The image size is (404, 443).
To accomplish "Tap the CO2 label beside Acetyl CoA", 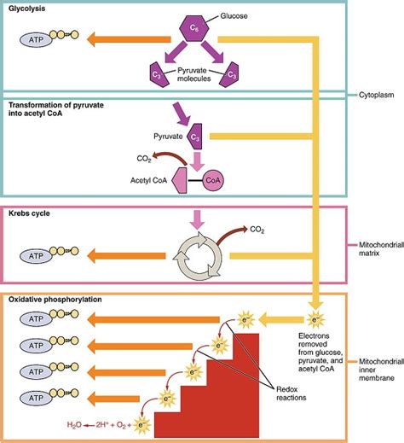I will tap(147, 157).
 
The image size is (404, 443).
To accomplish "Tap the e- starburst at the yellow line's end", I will tap(315, 321).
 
